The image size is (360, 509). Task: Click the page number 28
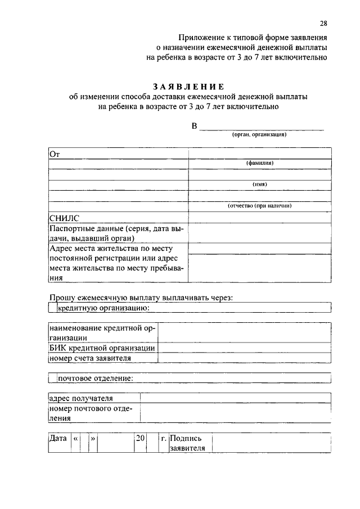coord(323,23)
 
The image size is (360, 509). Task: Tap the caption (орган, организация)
coord(260,136)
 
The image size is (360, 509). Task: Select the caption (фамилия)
coord(259,163)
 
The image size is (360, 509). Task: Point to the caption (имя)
coord(259,184)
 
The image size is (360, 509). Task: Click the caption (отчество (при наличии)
coord(259,206)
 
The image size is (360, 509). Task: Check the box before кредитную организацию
coord(52,308)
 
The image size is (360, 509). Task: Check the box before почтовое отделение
coord(52,378)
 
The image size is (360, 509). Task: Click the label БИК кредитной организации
coord(102,348)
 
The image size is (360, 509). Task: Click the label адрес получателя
coord(81,398)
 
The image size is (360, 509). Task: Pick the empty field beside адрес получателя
coord(235,398)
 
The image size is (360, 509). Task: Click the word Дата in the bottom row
coord(58,438)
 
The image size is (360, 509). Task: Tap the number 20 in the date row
coord(139,438)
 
